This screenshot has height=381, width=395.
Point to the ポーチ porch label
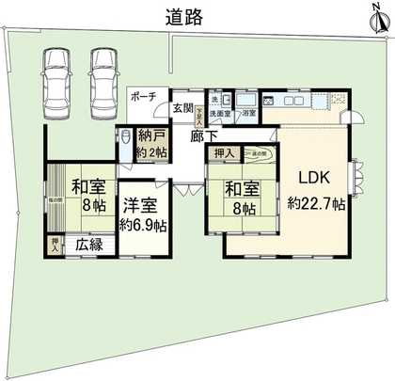click(144, 96)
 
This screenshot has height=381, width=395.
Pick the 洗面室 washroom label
click(222, 113)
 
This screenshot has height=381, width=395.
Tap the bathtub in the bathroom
click(246, 100)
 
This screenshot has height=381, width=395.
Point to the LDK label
click(313, 176)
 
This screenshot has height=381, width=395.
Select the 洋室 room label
click(143, 203)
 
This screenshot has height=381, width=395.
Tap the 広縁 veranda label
click(89, 245)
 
